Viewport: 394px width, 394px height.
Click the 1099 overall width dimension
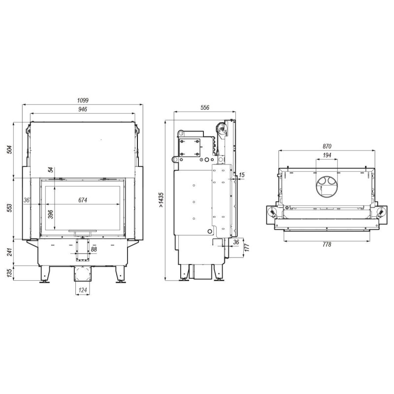tap(83, 100)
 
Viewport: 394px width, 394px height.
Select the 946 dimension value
tap(83, 109)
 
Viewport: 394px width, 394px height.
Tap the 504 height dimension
tap(9, 150)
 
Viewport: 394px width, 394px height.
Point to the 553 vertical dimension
tap(9, 208)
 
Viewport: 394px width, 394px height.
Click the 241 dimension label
tap(9, 252)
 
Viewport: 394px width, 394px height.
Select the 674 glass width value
tap(83, 200)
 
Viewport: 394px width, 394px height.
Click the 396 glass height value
tap(51, 214)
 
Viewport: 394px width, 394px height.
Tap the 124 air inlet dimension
tap(83, 290)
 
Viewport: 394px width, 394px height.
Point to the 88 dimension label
tap(94, 250)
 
